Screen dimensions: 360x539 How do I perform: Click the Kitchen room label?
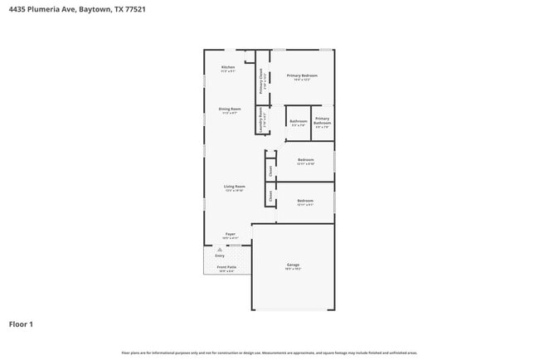click(x=228, y=67)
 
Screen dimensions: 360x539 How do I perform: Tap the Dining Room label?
click(x=230, y=109)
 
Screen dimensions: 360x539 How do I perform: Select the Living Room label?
click(x=234, y=187)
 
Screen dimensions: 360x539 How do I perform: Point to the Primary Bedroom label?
click(x=302, y=75)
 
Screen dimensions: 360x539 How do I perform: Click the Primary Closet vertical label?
click(x=261, y=80)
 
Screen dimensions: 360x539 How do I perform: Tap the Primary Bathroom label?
click(x=322, y=122)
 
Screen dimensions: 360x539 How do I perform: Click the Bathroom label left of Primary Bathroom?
click(x=299, y=122)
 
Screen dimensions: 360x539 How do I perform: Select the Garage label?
click(x=293, y=265)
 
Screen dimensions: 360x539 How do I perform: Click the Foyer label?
click(x=231, y=235)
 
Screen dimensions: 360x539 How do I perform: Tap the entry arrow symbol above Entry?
click(x=220, y=249)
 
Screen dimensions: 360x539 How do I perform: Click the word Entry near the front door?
click(x=220, y=256)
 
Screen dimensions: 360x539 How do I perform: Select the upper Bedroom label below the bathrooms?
click(x=305, y=159)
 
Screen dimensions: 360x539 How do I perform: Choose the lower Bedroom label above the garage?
click(x=305, y=201)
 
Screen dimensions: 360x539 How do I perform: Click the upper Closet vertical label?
click(x=270, y=171)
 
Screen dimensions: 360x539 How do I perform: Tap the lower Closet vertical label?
click(x=270, y=197)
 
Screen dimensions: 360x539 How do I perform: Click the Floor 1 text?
click(x=22, y=324)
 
